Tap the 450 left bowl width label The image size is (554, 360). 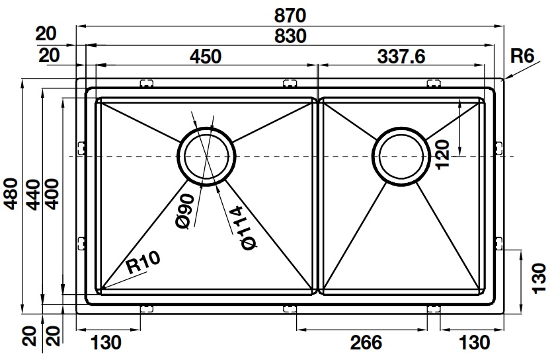point(205,57)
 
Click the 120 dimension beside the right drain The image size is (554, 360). point(443,153)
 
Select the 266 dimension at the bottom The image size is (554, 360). point(366,342)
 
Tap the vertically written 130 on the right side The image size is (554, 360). point(539,277)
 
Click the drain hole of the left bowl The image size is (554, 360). point(206,157)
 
